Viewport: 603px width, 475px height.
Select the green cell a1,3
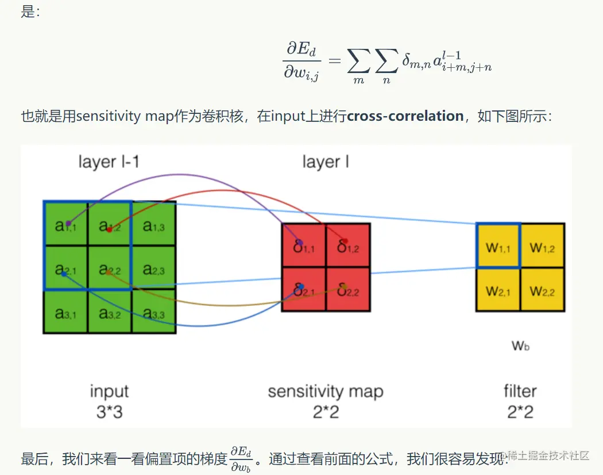154,224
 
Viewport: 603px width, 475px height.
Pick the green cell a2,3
154,268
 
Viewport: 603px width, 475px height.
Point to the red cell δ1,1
304,246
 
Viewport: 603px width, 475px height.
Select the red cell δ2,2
348,289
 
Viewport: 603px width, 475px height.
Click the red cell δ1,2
348,246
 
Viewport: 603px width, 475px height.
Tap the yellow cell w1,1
498,246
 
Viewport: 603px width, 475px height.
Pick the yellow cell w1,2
543,246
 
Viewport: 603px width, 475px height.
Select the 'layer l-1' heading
109,162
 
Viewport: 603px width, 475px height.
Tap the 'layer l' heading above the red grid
326,162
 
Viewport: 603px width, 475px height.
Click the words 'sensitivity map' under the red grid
325,392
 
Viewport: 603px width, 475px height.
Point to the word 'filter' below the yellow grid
520,392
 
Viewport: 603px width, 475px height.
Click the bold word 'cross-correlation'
405,116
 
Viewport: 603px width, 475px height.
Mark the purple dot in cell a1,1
68,223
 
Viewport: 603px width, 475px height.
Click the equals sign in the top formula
334,60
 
